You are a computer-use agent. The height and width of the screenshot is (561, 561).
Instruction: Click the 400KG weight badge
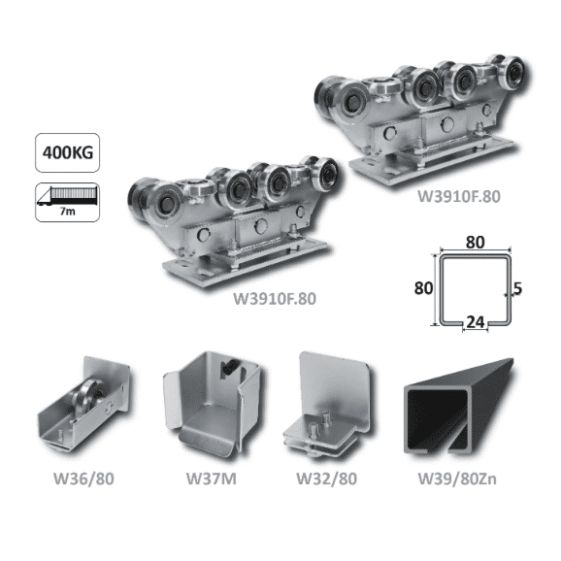(67, 152)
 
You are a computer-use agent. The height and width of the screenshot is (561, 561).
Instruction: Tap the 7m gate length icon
(67, 203)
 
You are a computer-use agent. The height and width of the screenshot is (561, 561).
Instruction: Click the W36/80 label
(83, 478)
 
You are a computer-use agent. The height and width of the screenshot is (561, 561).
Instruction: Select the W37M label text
(212, 478)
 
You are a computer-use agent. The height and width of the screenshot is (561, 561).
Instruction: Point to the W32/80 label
(327, 478)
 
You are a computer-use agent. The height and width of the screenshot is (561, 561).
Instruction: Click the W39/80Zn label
(457, 478)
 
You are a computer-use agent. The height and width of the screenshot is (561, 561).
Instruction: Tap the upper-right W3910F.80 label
(459, 196)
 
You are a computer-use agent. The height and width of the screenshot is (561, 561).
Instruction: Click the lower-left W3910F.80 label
(275, 299)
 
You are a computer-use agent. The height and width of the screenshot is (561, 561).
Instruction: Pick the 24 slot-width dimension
(476, 322)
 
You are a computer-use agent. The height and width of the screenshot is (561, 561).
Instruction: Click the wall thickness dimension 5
(517, 288)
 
